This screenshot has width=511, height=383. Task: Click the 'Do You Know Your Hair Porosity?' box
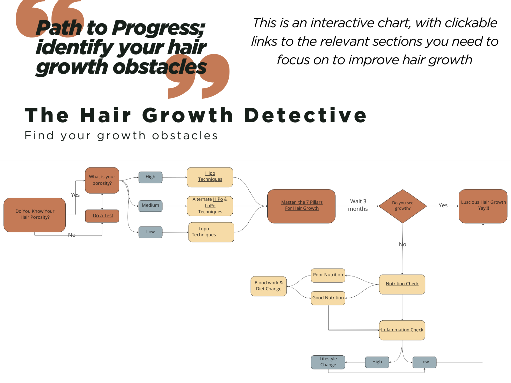coord(35,214)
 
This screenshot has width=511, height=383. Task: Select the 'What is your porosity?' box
coord(102,180)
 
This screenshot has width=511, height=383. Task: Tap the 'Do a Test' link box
coord(103,216)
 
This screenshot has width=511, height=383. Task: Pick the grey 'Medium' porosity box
coord(150,205)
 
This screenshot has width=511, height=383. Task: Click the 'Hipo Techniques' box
coord(210,177)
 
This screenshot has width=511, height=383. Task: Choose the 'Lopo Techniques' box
coord(211,232)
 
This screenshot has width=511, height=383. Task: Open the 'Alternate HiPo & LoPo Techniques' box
coord(210,205)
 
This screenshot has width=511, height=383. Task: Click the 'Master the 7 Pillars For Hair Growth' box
coord(301,205)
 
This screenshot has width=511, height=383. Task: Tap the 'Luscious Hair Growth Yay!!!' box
coord(483,205)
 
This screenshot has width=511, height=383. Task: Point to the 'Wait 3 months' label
coord(358,205)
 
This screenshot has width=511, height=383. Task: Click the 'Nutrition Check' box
coord(402,284)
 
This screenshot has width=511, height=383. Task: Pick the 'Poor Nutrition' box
coord(328,275)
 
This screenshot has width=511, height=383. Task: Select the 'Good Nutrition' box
coord(328,298)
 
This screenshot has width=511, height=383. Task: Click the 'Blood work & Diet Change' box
coord(268,286)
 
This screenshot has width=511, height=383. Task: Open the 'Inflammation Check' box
coord(402,330)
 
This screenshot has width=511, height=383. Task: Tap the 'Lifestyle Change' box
coord(328,362)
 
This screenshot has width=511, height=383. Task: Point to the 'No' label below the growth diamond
coord(403,244)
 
